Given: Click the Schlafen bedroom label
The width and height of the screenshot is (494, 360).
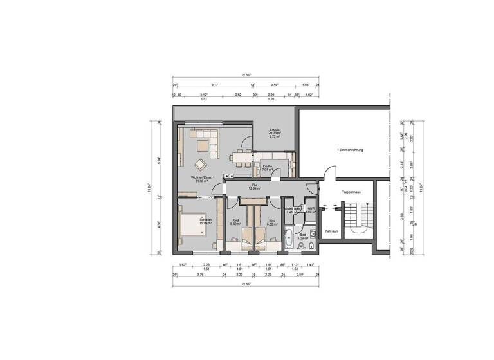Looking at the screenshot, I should (x=206, y=221).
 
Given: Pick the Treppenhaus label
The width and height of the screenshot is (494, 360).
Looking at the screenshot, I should (x=351, y=191).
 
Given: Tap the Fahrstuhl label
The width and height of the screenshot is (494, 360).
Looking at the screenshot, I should (x=332, y=230).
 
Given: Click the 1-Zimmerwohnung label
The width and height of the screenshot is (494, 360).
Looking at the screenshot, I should (x=350, y=150).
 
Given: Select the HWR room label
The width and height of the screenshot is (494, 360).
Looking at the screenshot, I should (x=310, y=208).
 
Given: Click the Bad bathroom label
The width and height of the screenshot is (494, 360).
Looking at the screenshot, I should (x=302, y=235).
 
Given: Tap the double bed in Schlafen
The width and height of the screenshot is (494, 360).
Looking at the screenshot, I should (x=192, y=226).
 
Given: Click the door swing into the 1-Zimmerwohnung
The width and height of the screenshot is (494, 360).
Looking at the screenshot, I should (x=330, y=173).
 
